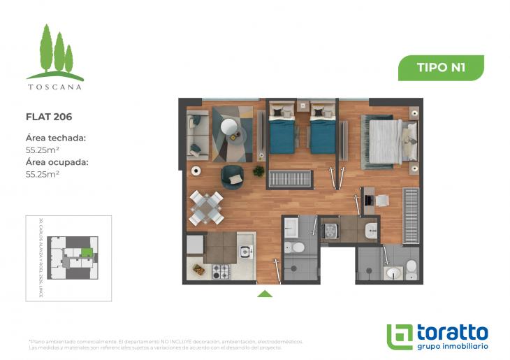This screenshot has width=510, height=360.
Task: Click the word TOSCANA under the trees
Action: pyautogui.click(x=54, y=87)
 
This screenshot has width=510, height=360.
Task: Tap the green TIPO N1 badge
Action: pyautogui.click(x=441, y=68)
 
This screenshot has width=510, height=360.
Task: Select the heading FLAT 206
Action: pyautogui.click(x=49, y=117)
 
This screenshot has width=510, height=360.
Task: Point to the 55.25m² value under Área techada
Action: pyautogui.click(x=42, y=150)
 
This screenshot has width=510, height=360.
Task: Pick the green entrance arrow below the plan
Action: pyautogui.click(x=265, y=294)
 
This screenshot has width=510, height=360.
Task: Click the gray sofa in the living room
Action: pyautogui.click(x=197, y=136)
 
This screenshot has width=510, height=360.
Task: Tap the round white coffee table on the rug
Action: pyautogui.click(x=229, y=127)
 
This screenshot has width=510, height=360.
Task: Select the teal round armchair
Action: pyautogui.click(x=232, y=178)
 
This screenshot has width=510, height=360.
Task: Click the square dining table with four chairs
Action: pyautogui.click(x=207, y=208)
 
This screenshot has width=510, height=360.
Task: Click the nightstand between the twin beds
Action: pyautogui.click(x=303, y=106)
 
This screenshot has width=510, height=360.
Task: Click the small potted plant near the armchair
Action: pyautogui.click(x=258, y=171)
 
